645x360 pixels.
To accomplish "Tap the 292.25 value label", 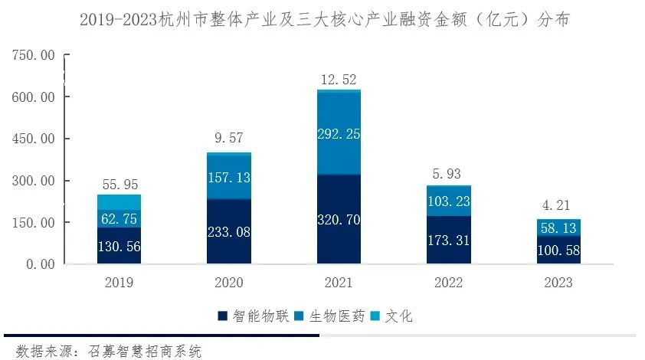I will tap(339, 133).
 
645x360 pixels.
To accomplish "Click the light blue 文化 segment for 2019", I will tap(120, 202).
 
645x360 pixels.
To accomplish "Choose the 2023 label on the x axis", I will tap(558, 283).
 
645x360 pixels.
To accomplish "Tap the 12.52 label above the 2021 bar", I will tap(339, 80).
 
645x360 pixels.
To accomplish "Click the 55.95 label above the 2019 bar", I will tap(120, 185).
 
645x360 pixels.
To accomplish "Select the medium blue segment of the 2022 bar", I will tap(448, 201).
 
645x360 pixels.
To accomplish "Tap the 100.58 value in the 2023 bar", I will tap(558, 250).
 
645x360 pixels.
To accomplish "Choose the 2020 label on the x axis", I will tap(229, 283).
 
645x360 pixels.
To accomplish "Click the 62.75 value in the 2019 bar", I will tap(120, 218).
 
